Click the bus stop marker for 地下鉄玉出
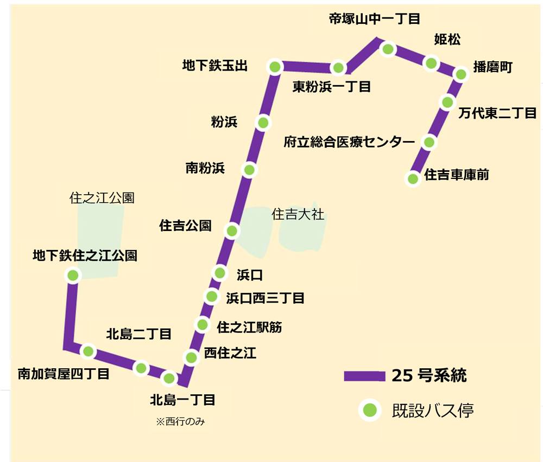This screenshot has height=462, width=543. [275, 67]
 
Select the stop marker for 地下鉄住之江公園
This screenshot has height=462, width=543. [73, 275]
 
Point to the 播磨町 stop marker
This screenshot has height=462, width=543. [460, 74]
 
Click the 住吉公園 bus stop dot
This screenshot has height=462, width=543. [232, 231]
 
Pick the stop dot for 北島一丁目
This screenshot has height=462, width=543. [169, 378]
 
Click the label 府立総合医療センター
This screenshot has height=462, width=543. [349, 142]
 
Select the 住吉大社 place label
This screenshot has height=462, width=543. [298, 215]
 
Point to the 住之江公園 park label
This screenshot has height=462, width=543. [102, 198]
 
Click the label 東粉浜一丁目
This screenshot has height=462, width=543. [331, 86]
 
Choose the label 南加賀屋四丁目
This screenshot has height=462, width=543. [64, 374]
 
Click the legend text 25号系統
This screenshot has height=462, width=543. [429, 375]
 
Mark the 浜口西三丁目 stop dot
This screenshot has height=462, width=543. [211, 297]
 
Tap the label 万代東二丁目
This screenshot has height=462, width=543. [497, 113]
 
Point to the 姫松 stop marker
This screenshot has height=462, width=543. [431, 63]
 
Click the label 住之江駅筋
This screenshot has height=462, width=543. [249, 327]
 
